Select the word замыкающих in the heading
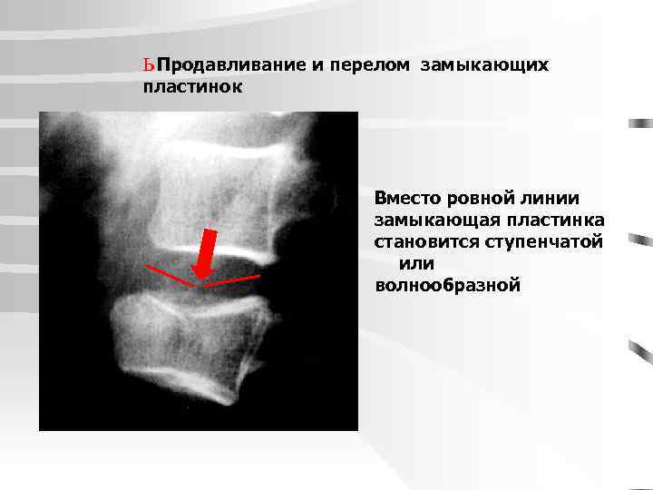pyautogui.click(x=484, y=66)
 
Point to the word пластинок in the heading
pyautogui.click(x=193, y=87)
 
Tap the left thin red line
pyautogui.click(x=169, y=275)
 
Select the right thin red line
pyautogui.click(x=231, y=280)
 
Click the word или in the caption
pyautogui.click(x=416, y=264)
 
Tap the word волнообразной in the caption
pyautogui.click(x=448, y=286)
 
